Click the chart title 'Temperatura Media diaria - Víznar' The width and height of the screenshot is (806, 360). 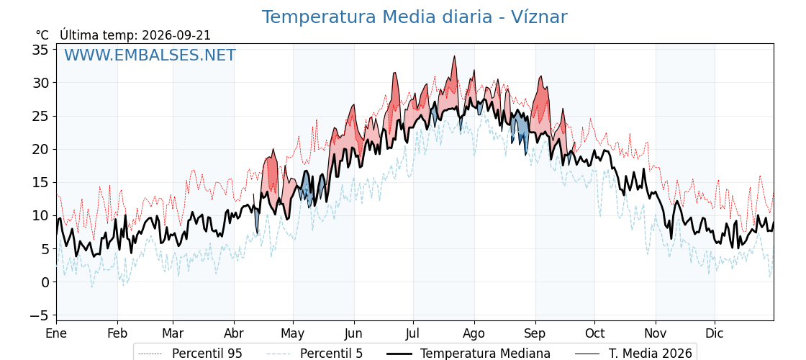coord(415,17)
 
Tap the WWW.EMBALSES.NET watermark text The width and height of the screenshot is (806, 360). coord(150,55)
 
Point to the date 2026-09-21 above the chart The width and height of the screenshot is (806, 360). coord(176,35)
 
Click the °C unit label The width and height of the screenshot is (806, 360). coord(42,35)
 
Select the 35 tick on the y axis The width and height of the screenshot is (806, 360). coord(40,50)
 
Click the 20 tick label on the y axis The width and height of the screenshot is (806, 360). coord(40,149)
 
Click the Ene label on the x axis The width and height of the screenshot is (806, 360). coord(56,333)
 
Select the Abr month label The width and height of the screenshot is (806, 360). coord(234,333)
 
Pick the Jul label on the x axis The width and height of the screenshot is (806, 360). coord(413,333)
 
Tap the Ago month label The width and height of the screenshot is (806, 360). coord(474,334)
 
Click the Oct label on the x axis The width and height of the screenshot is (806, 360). coord(594,333)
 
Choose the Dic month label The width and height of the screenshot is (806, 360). coord(715,333)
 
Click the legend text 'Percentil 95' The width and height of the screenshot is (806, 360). coord(207,354)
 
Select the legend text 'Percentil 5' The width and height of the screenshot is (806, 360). coord(332,354)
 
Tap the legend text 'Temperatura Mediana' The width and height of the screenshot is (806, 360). coord(485,354)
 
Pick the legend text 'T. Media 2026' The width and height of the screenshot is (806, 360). coord(651,354)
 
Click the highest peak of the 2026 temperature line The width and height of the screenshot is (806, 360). coord(454,56)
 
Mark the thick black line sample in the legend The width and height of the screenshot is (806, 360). coord(399,354)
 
